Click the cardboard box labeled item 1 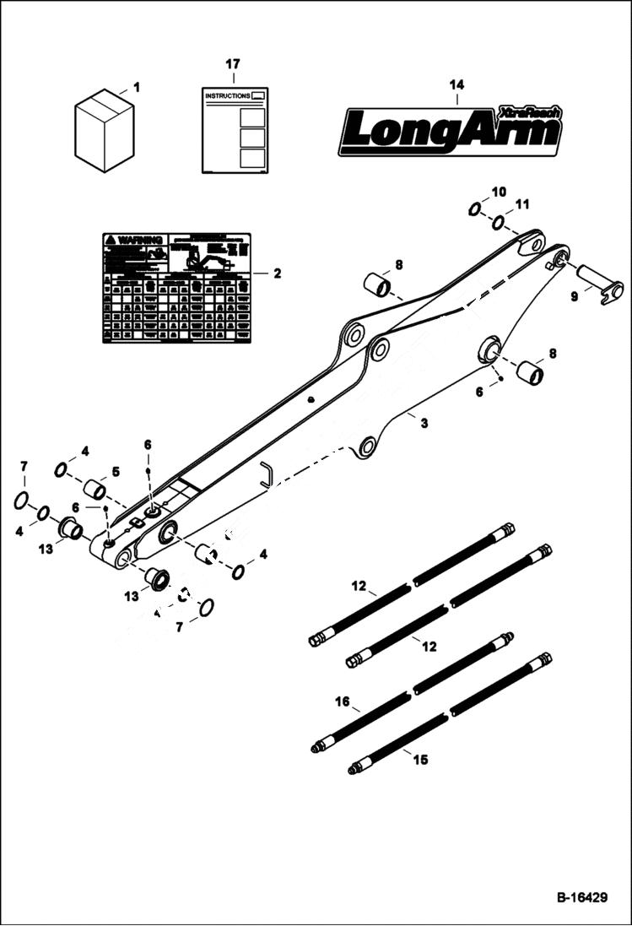[104, 131]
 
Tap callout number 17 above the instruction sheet [233, 64]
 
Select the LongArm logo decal [450, 131]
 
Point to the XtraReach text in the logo [528, 112]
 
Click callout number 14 [456, 84]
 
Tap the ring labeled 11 [499, 223]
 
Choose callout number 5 [116, 471]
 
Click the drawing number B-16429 [581, 898]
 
